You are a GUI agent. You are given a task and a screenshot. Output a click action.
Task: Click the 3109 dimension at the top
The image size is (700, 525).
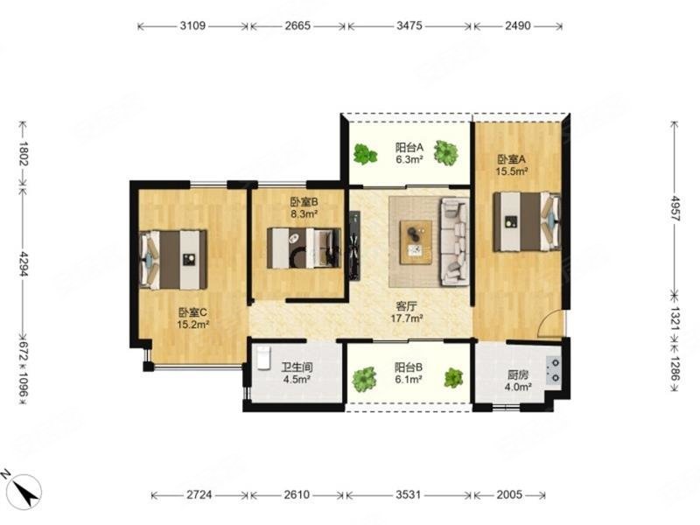click(192, 26)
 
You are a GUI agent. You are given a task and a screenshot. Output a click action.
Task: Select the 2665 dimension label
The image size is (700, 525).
click(297, 26)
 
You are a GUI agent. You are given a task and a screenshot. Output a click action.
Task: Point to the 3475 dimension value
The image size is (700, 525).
click(409, 26)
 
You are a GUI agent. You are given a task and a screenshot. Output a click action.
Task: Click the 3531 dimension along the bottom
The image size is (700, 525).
click(409, 494)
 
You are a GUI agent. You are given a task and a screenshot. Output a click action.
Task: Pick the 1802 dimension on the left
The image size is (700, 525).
click(24, 153)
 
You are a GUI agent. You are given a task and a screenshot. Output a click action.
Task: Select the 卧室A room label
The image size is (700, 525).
click(512, 159)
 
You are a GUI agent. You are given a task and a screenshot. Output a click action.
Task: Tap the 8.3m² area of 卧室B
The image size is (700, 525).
click(304, 213)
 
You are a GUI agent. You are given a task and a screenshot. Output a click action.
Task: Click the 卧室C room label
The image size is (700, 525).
click(192, 312)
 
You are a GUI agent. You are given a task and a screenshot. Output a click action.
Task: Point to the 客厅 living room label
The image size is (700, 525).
click(407, 306)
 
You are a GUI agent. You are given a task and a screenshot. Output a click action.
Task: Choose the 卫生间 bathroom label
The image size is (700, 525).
click(297, 367)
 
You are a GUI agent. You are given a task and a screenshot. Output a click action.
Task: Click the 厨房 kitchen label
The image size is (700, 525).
click(518, 375)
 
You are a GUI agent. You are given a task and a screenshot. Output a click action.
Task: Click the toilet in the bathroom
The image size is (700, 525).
click(264, 358)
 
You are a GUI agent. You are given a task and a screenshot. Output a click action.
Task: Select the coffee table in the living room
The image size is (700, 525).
click(416, 242)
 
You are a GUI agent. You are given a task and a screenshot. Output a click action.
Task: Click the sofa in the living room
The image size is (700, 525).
click(455, 241)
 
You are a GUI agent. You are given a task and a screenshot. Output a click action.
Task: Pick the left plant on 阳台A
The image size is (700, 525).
click(365, 154)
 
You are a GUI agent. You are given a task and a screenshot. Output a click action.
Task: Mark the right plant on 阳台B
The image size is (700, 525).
click(453, 378)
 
